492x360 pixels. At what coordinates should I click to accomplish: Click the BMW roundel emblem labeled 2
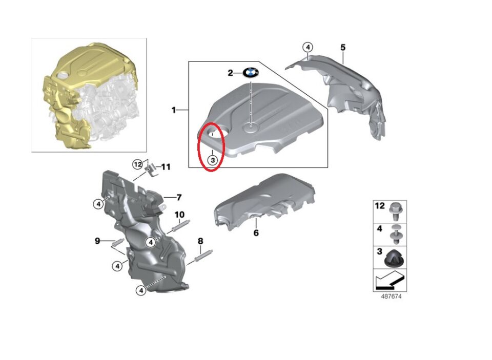250,73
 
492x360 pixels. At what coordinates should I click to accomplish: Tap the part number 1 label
174,110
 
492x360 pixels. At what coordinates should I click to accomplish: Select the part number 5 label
343,47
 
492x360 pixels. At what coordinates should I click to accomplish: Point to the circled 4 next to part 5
307,47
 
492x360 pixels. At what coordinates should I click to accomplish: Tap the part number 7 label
179,197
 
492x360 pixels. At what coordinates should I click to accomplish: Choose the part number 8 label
200,241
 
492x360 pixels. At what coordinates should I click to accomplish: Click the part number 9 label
97,240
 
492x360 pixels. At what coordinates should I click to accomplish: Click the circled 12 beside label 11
137,164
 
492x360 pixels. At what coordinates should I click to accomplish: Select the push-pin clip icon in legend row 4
395,234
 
